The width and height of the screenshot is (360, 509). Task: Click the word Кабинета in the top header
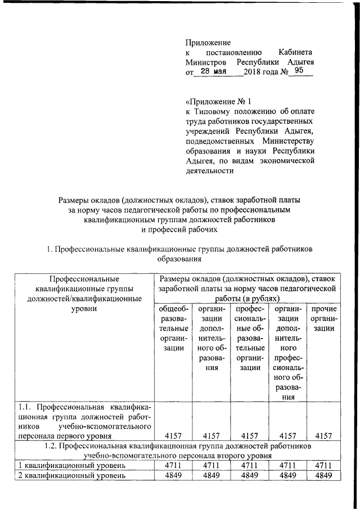pos(296,52)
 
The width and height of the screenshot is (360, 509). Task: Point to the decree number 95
pos(298,71)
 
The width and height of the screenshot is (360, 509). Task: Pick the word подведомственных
pos(216,141)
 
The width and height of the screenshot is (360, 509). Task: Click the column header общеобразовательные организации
pos(171,328)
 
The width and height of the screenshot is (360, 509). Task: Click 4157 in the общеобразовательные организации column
pos(171,435)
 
